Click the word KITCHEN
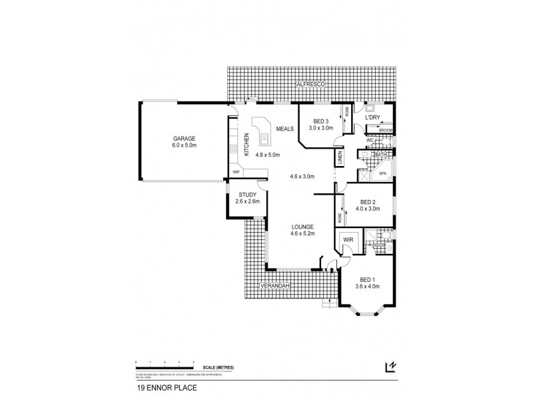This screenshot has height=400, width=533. tap(247, 145)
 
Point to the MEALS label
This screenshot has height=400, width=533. tap(286, 129)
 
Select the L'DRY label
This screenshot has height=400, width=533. tap(372, 118)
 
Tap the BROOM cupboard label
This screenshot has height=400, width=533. tap(386, 130)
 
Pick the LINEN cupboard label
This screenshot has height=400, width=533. tap(340, 159)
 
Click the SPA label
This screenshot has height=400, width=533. tap(382, 173)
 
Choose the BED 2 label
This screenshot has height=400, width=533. tap(369, 202)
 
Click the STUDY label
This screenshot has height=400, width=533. tap(247, 195)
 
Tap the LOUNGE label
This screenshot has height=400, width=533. tap(302, 227)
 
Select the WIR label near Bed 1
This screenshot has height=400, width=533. tap(348, 239)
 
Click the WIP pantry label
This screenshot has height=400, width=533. tap(236, 172)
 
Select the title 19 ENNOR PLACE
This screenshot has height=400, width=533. tap(160, 386)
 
